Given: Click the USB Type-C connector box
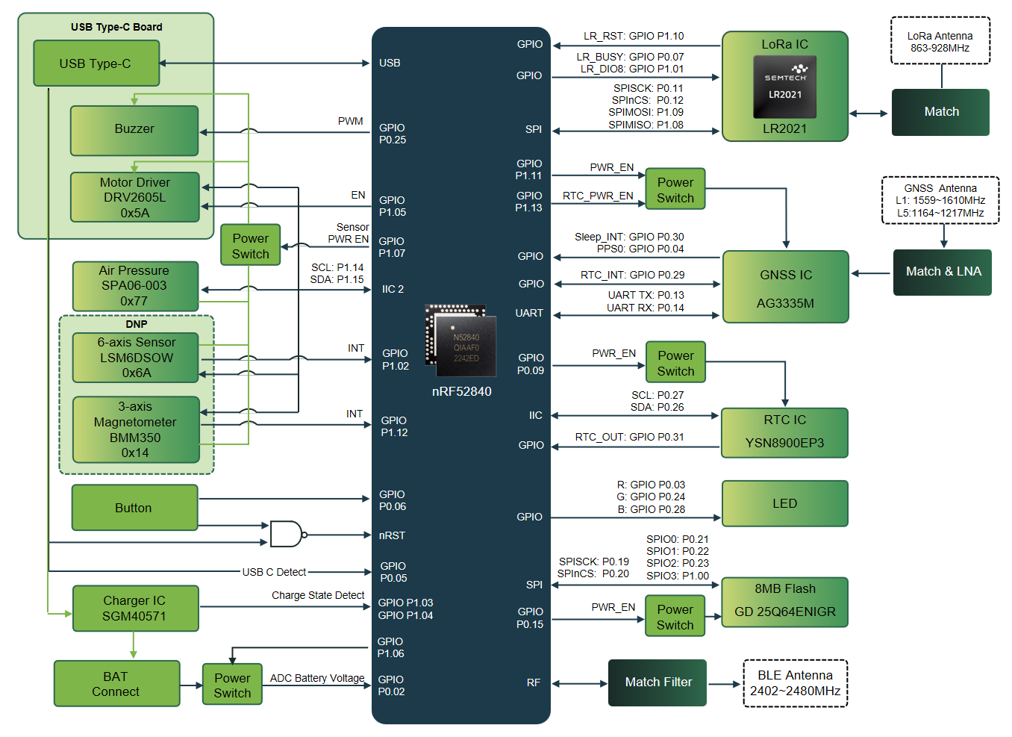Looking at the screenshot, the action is [x=96, y=63].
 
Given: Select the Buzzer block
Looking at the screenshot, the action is [x=134, y=131].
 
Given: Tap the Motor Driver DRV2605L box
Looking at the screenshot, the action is [x=134, y=197].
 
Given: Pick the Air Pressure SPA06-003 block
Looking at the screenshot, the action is [x=135, y=286].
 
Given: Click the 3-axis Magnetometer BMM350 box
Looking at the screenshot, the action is [x=136, y=429].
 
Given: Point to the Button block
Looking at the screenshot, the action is [x=134, y=507].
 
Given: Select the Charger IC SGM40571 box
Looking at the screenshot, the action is [x=135, y=608].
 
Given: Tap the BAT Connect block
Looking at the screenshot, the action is [x=116, y=683].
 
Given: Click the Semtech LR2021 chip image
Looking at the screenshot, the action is [x=785, y=87].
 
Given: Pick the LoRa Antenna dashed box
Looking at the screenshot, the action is [x=940, y=40].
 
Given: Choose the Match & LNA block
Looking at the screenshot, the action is [x=943, y=273].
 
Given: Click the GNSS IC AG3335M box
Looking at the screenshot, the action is [x=786, y=287].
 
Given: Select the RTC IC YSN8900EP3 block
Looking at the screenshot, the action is [x=785, y=432].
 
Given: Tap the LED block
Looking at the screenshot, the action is [x=785, y=503].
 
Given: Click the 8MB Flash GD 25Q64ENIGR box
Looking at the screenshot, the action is [x=785, y=602].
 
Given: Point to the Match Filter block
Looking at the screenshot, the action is [x=658, y=682].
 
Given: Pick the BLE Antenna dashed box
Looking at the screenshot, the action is [x=795, y=683].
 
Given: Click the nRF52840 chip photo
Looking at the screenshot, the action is [x=460, y=340].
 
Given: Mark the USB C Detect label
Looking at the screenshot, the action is [x=274, y=572].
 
